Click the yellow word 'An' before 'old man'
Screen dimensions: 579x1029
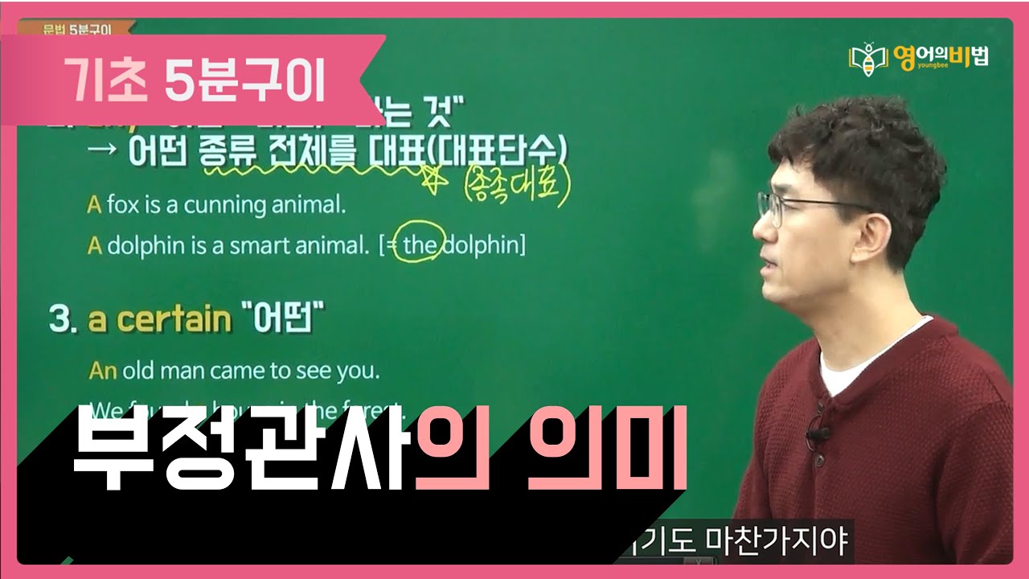102,371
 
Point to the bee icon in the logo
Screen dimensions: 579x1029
869,59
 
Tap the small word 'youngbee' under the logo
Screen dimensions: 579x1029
913,70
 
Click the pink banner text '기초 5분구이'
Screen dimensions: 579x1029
193,80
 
